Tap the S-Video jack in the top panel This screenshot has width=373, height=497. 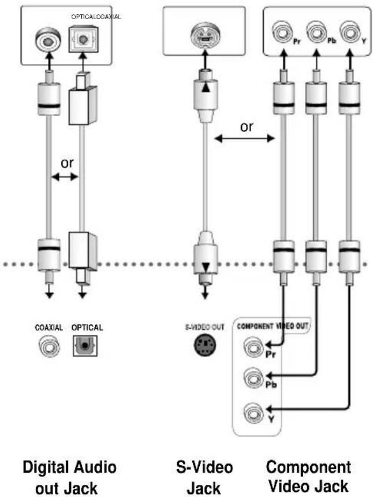click(x=206, y=36)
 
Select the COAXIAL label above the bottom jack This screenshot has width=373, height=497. click(x=49, y=327)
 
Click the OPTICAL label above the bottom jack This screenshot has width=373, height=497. click(x=87, y=327)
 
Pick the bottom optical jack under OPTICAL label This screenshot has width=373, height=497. click(x=85, y=345)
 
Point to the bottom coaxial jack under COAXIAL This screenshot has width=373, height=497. click(x=49, y=346)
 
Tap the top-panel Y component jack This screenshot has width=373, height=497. click(x=350, y=32)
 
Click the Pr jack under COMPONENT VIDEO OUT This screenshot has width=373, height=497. click(x=253, y=347)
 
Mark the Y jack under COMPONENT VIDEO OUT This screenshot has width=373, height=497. click(x=253, y=412)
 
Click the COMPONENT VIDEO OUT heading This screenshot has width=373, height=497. click(x=273, y=326)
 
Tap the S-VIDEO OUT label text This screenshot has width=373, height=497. click(x=205, y=327)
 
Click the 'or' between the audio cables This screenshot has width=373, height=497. click(x=67, y=163)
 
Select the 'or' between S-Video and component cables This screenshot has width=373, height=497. click(x=247, y=127)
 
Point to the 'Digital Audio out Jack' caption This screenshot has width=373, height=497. click(x=69, y=477)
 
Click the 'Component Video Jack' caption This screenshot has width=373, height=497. click(x=308, y=477)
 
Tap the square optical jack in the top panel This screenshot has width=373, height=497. click(x=84, y=40)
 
